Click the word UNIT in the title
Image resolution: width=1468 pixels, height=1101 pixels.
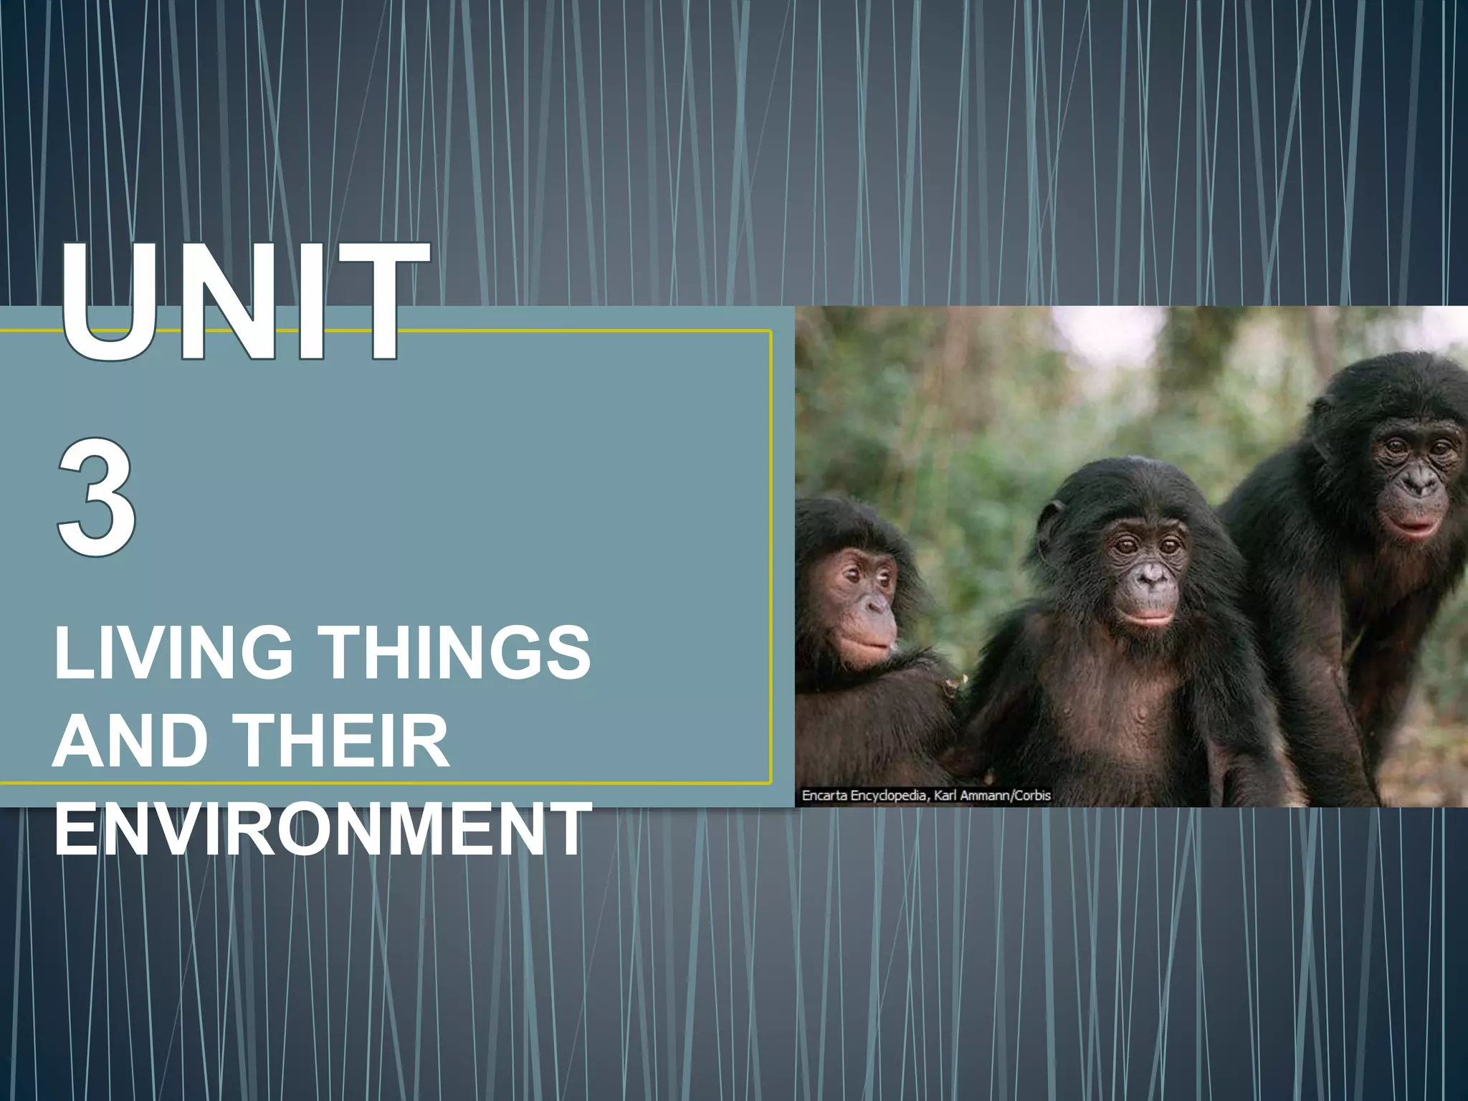point(244,301)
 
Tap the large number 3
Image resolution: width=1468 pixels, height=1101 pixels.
point(96,497)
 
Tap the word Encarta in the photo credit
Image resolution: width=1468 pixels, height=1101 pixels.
point(824,795)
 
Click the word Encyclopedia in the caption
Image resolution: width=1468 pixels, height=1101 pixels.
point(889,796)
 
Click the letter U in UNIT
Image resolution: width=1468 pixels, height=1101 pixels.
point(108,301)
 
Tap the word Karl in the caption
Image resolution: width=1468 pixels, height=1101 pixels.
point(945,795)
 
